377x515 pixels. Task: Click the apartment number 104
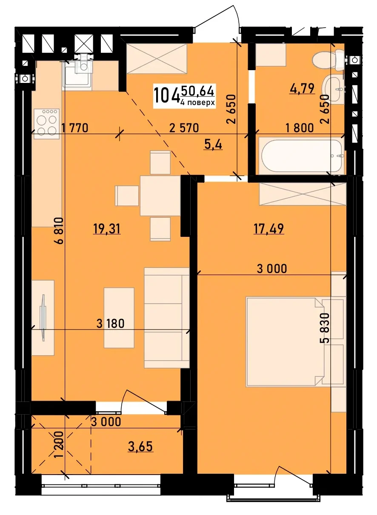(167, 95)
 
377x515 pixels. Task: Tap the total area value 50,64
(198, 91)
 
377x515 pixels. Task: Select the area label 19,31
(107, 229)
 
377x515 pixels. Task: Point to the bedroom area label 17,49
(268, 228)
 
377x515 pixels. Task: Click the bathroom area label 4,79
(302, 88)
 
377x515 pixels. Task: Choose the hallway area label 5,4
(214, 145)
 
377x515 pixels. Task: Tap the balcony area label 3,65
(140, 447)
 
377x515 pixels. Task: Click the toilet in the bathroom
(328, 60)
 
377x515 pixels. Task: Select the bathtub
(302, 156)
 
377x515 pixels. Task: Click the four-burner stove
(47, 124)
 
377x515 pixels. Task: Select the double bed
(285, 342)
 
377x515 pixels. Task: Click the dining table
(160, 196)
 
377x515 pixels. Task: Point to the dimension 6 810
(59, 230)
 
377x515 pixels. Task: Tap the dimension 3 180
(110, 324)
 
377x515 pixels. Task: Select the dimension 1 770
(74, 128)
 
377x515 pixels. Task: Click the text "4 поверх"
(198, 102)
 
